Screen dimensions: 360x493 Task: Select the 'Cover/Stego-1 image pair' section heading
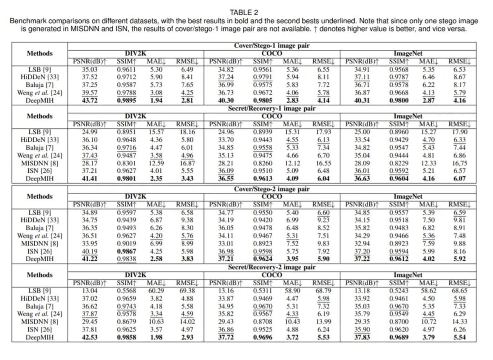(272, 46)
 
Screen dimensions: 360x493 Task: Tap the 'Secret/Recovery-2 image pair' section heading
(272, 267)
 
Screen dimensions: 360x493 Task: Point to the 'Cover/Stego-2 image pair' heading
(272, 189)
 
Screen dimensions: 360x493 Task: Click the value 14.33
(460, 322)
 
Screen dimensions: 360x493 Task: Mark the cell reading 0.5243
(399, 291)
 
